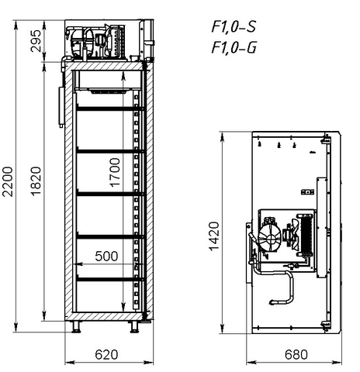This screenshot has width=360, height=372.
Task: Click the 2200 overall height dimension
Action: coord(8,181)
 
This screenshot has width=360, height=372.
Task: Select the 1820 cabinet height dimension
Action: coord(36,181)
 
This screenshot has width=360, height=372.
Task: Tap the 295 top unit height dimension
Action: coord(36,41)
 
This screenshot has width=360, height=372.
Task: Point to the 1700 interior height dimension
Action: coord(115,172)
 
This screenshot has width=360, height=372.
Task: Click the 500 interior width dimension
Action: coord(106,256)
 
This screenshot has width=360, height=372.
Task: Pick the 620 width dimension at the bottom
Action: coord(106,355)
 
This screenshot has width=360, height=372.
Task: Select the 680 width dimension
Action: coord(296,355)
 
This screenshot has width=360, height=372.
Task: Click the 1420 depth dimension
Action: coord(214,236)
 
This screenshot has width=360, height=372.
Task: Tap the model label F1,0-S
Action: coord(234,26)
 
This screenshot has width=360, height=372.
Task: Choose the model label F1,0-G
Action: coord(234,47)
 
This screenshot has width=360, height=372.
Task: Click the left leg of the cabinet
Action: coord(76,327)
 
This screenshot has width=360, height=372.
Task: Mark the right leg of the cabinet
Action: coord(135,327)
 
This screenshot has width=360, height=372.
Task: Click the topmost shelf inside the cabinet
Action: coord(109,108)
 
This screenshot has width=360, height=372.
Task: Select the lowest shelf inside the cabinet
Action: coord(109,279)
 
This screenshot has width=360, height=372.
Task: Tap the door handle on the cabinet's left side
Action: coord(61,107)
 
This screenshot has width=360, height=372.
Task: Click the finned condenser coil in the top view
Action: coord(306,235)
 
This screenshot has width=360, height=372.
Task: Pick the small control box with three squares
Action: coord(307,192)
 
